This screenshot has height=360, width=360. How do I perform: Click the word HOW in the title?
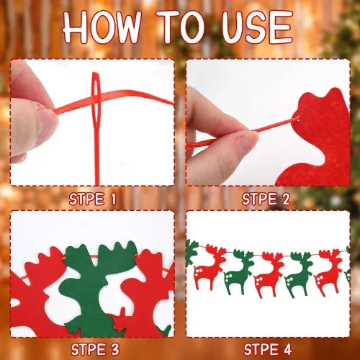point(102,27)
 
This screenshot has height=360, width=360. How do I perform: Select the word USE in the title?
point(257,27)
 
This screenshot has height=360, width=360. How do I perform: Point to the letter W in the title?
point(125,27)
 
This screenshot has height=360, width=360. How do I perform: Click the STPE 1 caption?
point(93,199)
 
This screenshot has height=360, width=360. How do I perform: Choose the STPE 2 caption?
point(266,199)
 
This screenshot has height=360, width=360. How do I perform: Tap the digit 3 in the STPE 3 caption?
point(115,349)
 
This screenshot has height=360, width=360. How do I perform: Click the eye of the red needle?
point(96,96)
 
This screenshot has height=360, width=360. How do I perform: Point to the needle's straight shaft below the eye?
point(96,153)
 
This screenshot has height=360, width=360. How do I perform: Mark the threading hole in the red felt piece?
point(297,117)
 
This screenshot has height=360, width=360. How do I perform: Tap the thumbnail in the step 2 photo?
point(250,142)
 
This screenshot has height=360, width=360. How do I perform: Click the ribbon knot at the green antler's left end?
point(64,258)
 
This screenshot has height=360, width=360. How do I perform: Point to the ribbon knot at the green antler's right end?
point(138,257)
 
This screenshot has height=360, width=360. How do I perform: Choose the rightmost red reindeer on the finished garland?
point(328,272)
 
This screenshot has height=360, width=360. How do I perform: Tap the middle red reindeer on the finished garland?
point(269,274)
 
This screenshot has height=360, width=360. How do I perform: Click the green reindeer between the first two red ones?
point(239,271)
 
